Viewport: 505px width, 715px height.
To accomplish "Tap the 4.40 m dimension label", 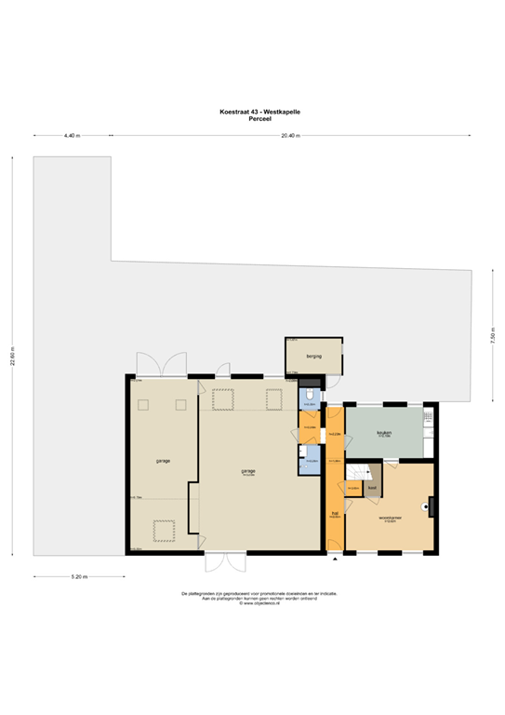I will point(72,136).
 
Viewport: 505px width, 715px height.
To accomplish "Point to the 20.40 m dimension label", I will point(289,136).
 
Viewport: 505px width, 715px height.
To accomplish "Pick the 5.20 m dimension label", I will point(79,577).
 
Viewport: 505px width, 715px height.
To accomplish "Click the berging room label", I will point(312,356).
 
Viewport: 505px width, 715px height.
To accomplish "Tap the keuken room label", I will point(384,434).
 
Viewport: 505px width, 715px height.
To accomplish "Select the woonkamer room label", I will point(390,519).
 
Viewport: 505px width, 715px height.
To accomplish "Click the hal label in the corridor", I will point(334,513).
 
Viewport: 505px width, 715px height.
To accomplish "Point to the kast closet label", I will point(371,487).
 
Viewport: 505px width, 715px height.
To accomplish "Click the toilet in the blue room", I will point(309,397).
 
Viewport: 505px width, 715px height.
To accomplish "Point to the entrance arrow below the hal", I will point(334,560).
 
